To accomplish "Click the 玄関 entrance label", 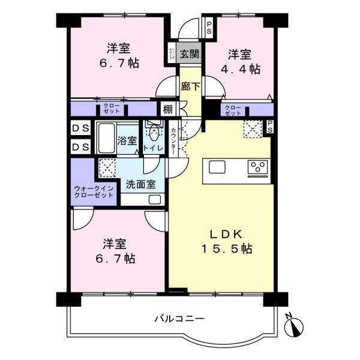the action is coord(190,54).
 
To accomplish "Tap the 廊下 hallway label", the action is coord(190,86).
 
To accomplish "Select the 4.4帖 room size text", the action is coord(241,69).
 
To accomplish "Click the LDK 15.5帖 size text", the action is coord(227,248).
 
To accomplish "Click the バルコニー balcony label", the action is coord(179,319).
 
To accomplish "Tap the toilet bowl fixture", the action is coord(154,133).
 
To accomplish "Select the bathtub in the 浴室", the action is coord(106,138).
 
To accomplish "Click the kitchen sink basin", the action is coord(217,167).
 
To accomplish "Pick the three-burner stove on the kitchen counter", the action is coord(257,167).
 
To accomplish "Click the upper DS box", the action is coord(80,128).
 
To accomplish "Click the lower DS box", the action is coord(80,147).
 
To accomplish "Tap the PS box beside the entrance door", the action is coord(209,28).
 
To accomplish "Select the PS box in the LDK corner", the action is coord(270,127).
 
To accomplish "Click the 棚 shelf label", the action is coord(167,109).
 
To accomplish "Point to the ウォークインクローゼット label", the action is coord(94,192).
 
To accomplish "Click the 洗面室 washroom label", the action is coord(141,184).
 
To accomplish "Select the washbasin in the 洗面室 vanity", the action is coord(155,200).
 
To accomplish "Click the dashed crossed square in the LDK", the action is coord(253,129).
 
